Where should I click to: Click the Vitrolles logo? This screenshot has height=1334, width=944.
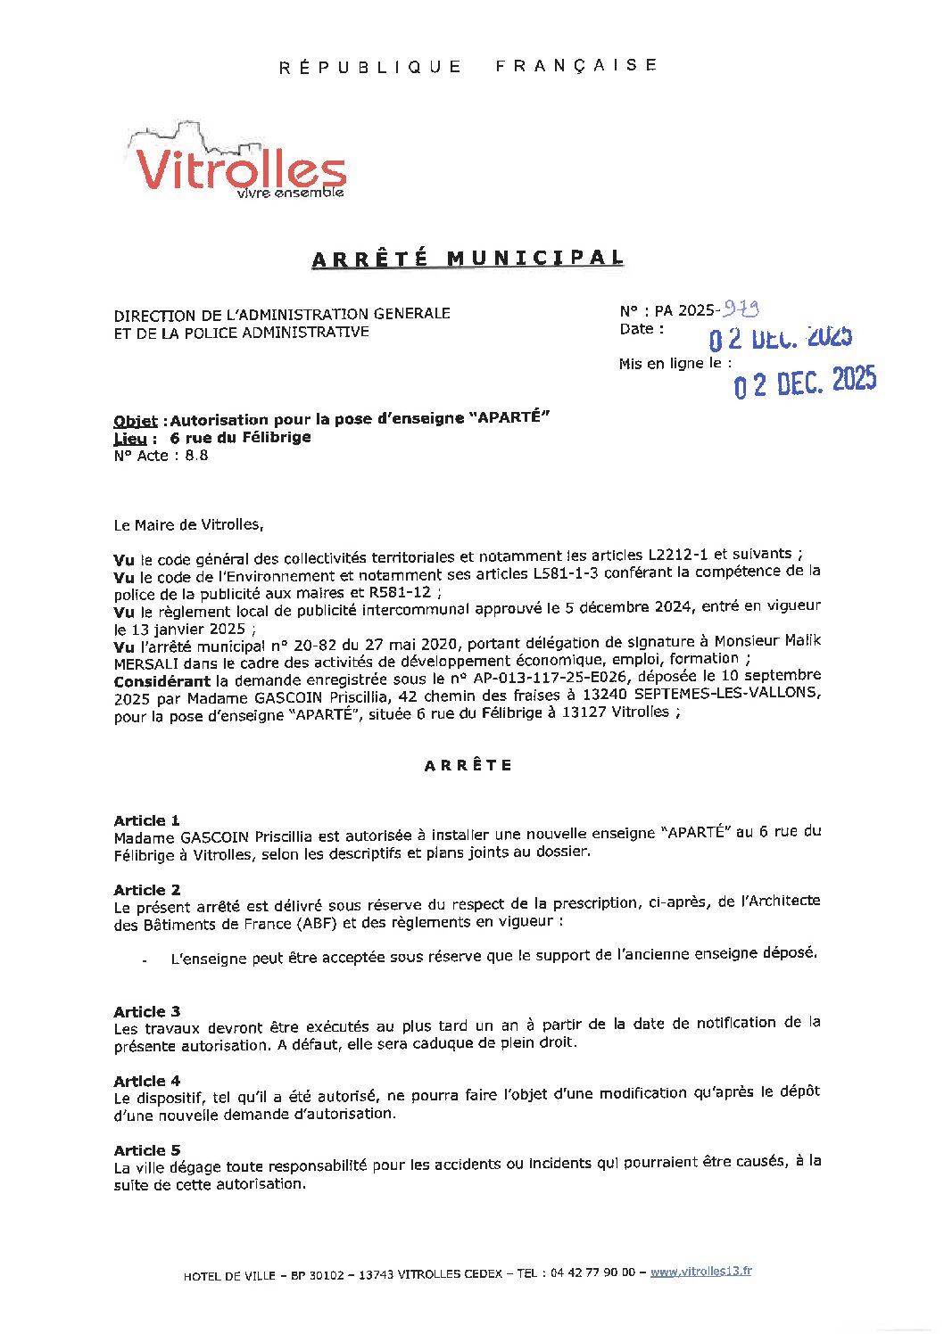pos(238,163)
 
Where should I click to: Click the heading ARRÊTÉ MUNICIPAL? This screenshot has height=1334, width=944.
pos(467,259)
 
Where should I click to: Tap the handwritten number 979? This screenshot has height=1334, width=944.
pos(741,309)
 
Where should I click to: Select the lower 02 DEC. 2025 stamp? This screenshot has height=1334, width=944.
pos(805,382)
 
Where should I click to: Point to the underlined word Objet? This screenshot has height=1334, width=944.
pos(136,421)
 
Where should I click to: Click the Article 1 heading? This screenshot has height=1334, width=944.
pos(147,820)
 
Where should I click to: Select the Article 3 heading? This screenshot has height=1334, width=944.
pos(147,1011)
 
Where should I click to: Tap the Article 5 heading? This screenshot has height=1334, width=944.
pos(147,1150)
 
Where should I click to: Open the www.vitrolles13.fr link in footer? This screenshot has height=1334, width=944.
pos(700,1272)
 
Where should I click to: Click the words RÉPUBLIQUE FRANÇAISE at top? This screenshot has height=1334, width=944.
pos(468,66)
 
